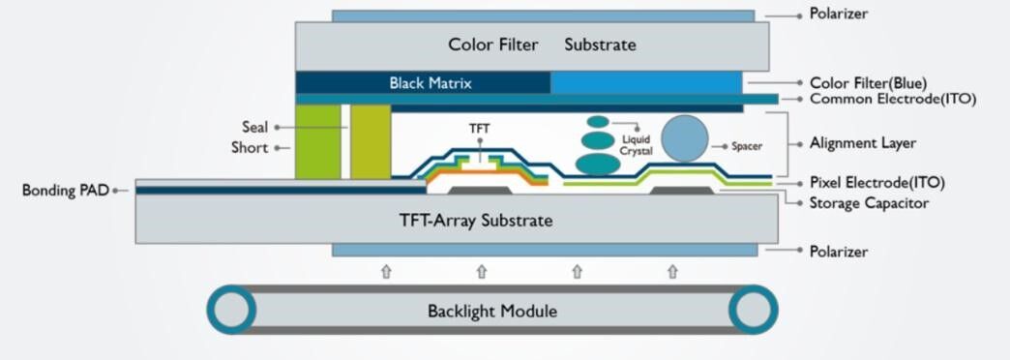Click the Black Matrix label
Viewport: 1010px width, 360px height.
coord(431,83)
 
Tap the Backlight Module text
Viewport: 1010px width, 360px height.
coord(492,312)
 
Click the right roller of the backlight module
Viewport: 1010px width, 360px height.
coord(753,311)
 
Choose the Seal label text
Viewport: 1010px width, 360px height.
coord(254,127)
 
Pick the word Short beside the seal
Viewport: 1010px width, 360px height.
coord(250,148)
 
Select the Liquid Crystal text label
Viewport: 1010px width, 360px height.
coord(638,145)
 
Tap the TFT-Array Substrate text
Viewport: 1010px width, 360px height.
coord(476,221)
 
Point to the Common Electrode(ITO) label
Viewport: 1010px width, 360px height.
coord(892,99)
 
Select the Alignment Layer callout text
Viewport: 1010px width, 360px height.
coord(863,143)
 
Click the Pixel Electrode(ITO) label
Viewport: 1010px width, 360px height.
coord(876,182)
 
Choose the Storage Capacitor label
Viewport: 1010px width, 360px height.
coord(869,203)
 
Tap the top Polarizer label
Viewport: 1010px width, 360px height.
coord(839,15)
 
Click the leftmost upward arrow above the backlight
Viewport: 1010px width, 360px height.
coord(386,272)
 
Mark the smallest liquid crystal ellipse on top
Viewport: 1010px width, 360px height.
coord(599,122)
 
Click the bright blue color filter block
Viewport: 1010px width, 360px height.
coord(645,83)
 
